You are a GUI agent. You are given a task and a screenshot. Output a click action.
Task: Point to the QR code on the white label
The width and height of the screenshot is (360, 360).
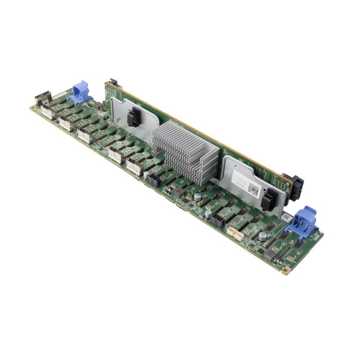click(x=253, y=189)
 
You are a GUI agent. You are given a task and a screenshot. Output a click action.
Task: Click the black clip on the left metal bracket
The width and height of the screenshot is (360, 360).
click(x=133, y=117)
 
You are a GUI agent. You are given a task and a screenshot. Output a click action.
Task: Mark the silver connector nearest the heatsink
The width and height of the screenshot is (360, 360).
click(x=135, y=167)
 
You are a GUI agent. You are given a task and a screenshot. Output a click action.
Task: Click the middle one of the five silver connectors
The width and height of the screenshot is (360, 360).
click(x=85, y=135)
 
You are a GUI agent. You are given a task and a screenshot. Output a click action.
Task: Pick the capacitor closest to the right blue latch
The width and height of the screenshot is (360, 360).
click(x=263, y=236)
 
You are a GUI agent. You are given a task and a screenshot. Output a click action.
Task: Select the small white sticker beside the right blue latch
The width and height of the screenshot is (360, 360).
click(x=284, y=218)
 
